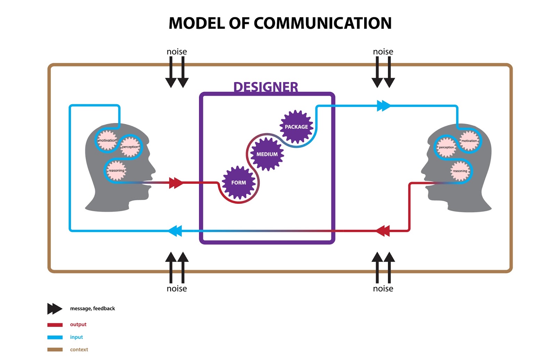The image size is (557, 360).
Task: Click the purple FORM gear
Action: (238, 183)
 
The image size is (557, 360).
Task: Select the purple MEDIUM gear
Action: (267, 154)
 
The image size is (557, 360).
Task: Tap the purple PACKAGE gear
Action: (296, 127)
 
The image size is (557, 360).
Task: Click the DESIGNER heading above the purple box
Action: (266, 87)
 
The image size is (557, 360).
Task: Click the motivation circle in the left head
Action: (107, 140)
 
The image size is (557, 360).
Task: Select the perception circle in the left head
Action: (130, 147)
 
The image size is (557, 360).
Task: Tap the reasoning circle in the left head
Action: (116, 170)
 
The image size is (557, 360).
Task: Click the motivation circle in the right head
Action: (469, 141)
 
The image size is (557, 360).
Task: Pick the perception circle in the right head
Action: (446, 147)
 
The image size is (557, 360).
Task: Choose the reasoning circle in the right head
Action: (460, 171)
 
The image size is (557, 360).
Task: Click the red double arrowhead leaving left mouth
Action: (176, 183)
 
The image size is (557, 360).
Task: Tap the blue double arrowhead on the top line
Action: (384, 106)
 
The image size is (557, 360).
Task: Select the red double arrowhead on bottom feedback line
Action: (383, 231)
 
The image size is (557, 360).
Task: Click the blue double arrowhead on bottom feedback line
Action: (175, 231)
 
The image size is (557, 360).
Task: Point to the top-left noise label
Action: (176, 52)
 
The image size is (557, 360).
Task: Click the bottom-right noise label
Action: (383, 289)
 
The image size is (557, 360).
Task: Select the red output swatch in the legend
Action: (55, 325)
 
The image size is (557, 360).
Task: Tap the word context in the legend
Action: (79, 350)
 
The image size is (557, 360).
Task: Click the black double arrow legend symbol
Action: (55, 309)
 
